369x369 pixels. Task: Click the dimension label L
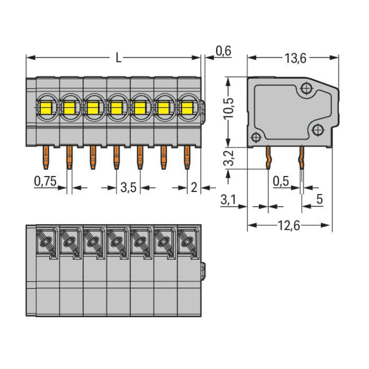(119, 58)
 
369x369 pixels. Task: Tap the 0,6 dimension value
(223, 51)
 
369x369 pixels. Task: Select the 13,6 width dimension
(295, 59)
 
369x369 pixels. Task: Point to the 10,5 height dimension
(228, 108)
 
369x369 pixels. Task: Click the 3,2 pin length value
(228, 158)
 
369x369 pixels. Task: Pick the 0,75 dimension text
(45, 181)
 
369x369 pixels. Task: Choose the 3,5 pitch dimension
(128, 187)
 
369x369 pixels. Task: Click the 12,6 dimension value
(289, 225)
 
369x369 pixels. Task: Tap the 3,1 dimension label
(228, 200)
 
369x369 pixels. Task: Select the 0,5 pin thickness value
(281, 181)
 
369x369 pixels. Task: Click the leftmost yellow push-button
(46, 108)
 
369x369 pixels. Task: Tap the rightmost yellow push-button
(186, 108)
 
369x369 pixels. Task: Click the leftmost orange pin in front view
(46, 157)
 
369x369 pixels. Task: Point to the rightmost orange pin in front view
(187, 157)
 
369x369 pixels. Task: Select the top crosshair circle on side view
(306, 89)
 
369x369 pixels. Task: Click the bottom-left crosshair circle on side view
(256, 137)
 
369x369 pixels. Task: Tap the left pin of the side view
(268, 157)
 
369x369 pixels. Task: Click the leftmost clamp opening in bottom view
(45, 242)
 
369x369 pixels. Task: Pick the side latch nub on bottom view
(203, 271)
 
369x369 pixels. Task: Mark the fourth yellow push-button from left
(116, 108)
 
